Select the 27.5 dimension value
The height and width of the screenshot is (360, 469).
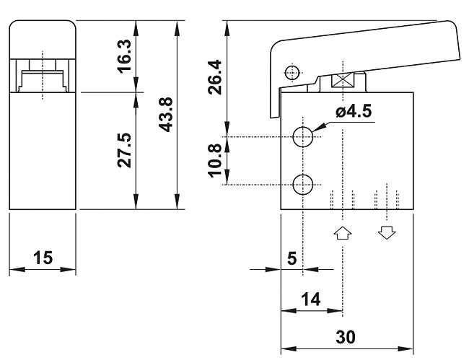point(124,150)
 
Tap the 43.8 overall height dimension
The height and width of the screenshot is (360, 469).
point(165,115)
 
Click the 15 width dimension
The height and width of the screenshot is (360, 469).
point(43,258)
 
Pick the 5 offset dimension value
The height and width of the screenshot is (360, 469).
point(292,258)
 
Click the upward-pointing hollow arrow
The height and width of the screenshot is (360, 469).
point(342,232)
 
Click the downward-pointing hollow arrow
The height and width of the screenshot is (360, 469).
point(387,232)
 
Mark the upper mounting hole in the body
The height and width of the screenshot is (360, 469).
point(304,136)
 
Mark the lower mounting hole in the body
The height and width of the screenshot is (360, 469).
point(304,184)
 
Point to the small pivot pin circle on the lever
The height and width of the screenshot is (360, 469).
point(292,72)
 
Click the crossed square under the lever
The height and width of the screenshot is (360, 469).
point(341,82)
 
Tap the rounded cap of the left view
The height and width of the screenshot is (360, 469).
point(43,36)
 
